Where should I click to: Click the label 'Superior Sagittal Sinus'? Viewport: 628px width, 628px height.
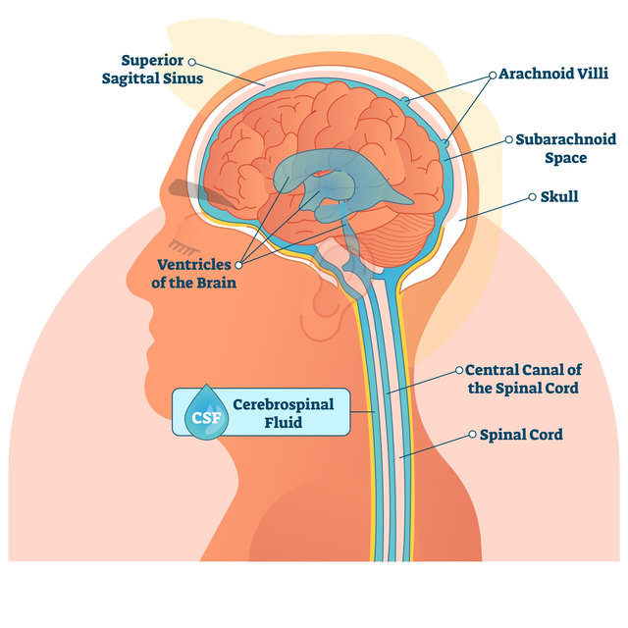[153, 69]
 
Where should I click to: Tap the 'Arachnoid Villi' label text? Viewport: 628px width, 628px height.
[553, 74]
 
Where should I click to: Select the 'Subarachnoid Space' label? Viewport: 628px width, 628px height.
[565, 148]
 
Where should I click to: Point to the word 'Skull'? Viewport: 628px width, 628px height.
[559, 196]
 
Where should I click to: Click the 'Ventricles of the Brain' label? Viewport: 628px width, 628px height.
[194, 274]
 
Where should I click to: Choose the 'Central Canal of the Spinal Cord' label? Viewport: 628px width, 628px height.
[523, 379]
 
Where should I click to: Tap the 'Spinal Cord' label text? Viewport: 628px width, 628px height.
[521, 435]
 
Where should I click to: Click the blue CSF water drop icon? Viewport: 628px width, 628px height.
[206, 412]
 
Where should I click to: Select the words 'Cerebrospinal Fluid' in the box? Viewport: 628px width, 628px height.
[284, 413]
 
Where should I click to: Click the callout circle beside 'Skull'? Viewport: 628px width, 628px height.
[532, 197]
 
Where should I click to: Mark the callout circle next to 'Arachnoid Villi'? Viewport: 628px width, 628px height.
[493, 75]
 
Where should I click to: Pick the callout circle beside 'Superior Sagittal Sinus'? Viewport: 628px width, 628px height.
[192, 62]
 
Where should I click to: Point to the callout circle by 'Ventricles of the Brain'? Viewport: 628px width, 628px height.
[238, 265]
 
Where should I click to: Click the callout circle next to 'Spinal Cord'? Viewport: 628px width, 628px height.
[473, 434]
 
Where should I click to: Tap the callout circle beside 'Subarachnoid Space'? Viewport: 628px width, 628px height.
[508, 139]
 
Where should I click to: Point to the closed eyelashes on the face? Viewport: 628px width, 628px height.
[183, 246]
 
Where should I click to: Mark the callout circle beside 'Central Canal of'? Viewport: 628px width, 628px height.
[459, 371]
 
